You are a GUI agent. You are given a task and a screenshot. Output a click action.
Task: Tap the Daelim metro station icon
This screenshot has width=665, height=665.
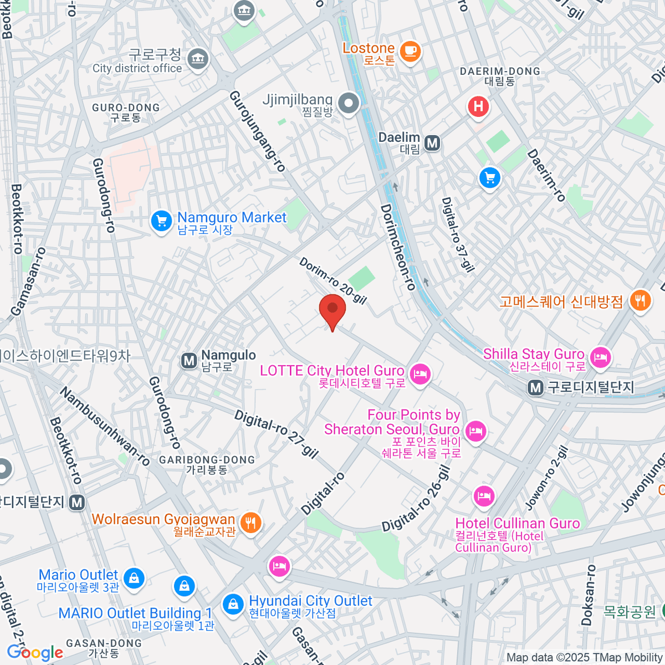[x=432, y=144]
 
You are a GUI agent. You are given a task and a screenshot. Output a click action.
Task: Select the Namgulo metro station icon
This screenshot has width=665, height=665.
[x=189, y=361]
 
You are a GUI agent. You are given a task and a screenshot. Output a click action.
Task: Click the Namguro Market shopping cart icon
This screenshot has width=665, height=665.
[x=161, y=221]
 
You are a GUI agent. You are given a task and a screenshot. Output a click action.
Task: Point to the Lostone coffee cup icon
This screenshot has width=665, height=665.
[x=410, y=52]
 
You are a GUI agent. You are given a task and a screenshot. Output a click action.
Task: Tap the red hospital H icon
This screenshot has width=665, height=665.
[x=478, y=106]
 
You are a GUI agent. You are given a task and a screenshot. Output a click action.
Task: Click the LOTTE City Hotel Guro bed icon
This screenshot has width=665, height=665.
[x=421, y=374]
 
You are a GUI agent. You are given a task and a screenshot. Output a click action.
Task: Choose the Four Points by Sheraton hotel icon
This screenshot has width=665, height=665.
[x=475, y=431]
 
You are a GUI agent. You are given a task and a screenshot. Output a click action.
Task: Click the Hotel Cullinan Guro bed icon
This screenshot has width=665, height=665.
[x=484, y=496]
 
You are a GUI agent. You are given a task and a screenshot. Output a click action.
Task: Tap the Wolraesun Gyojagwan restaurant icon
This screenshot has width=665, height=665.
[x=251, y=522]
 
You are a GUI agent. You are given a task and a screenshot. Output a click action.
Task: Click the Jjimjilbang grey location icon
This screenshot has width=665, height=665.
[x=349, y=103]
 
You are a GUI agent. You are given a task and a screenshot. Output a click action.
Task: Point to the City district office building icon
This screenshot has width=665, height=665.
[x=197, y=58]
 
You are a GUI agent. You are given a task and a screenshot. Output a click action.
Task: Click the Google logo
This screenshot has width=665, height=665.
[x=34, y=652]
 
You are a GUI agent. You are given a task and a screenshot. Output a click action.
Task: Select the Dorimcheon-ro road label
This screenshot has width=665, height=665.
[x=398, y=247]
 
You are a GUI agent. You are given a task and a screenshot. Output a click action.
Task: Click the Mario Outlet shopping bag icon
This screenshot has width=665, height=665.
[x=133, y=578]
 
